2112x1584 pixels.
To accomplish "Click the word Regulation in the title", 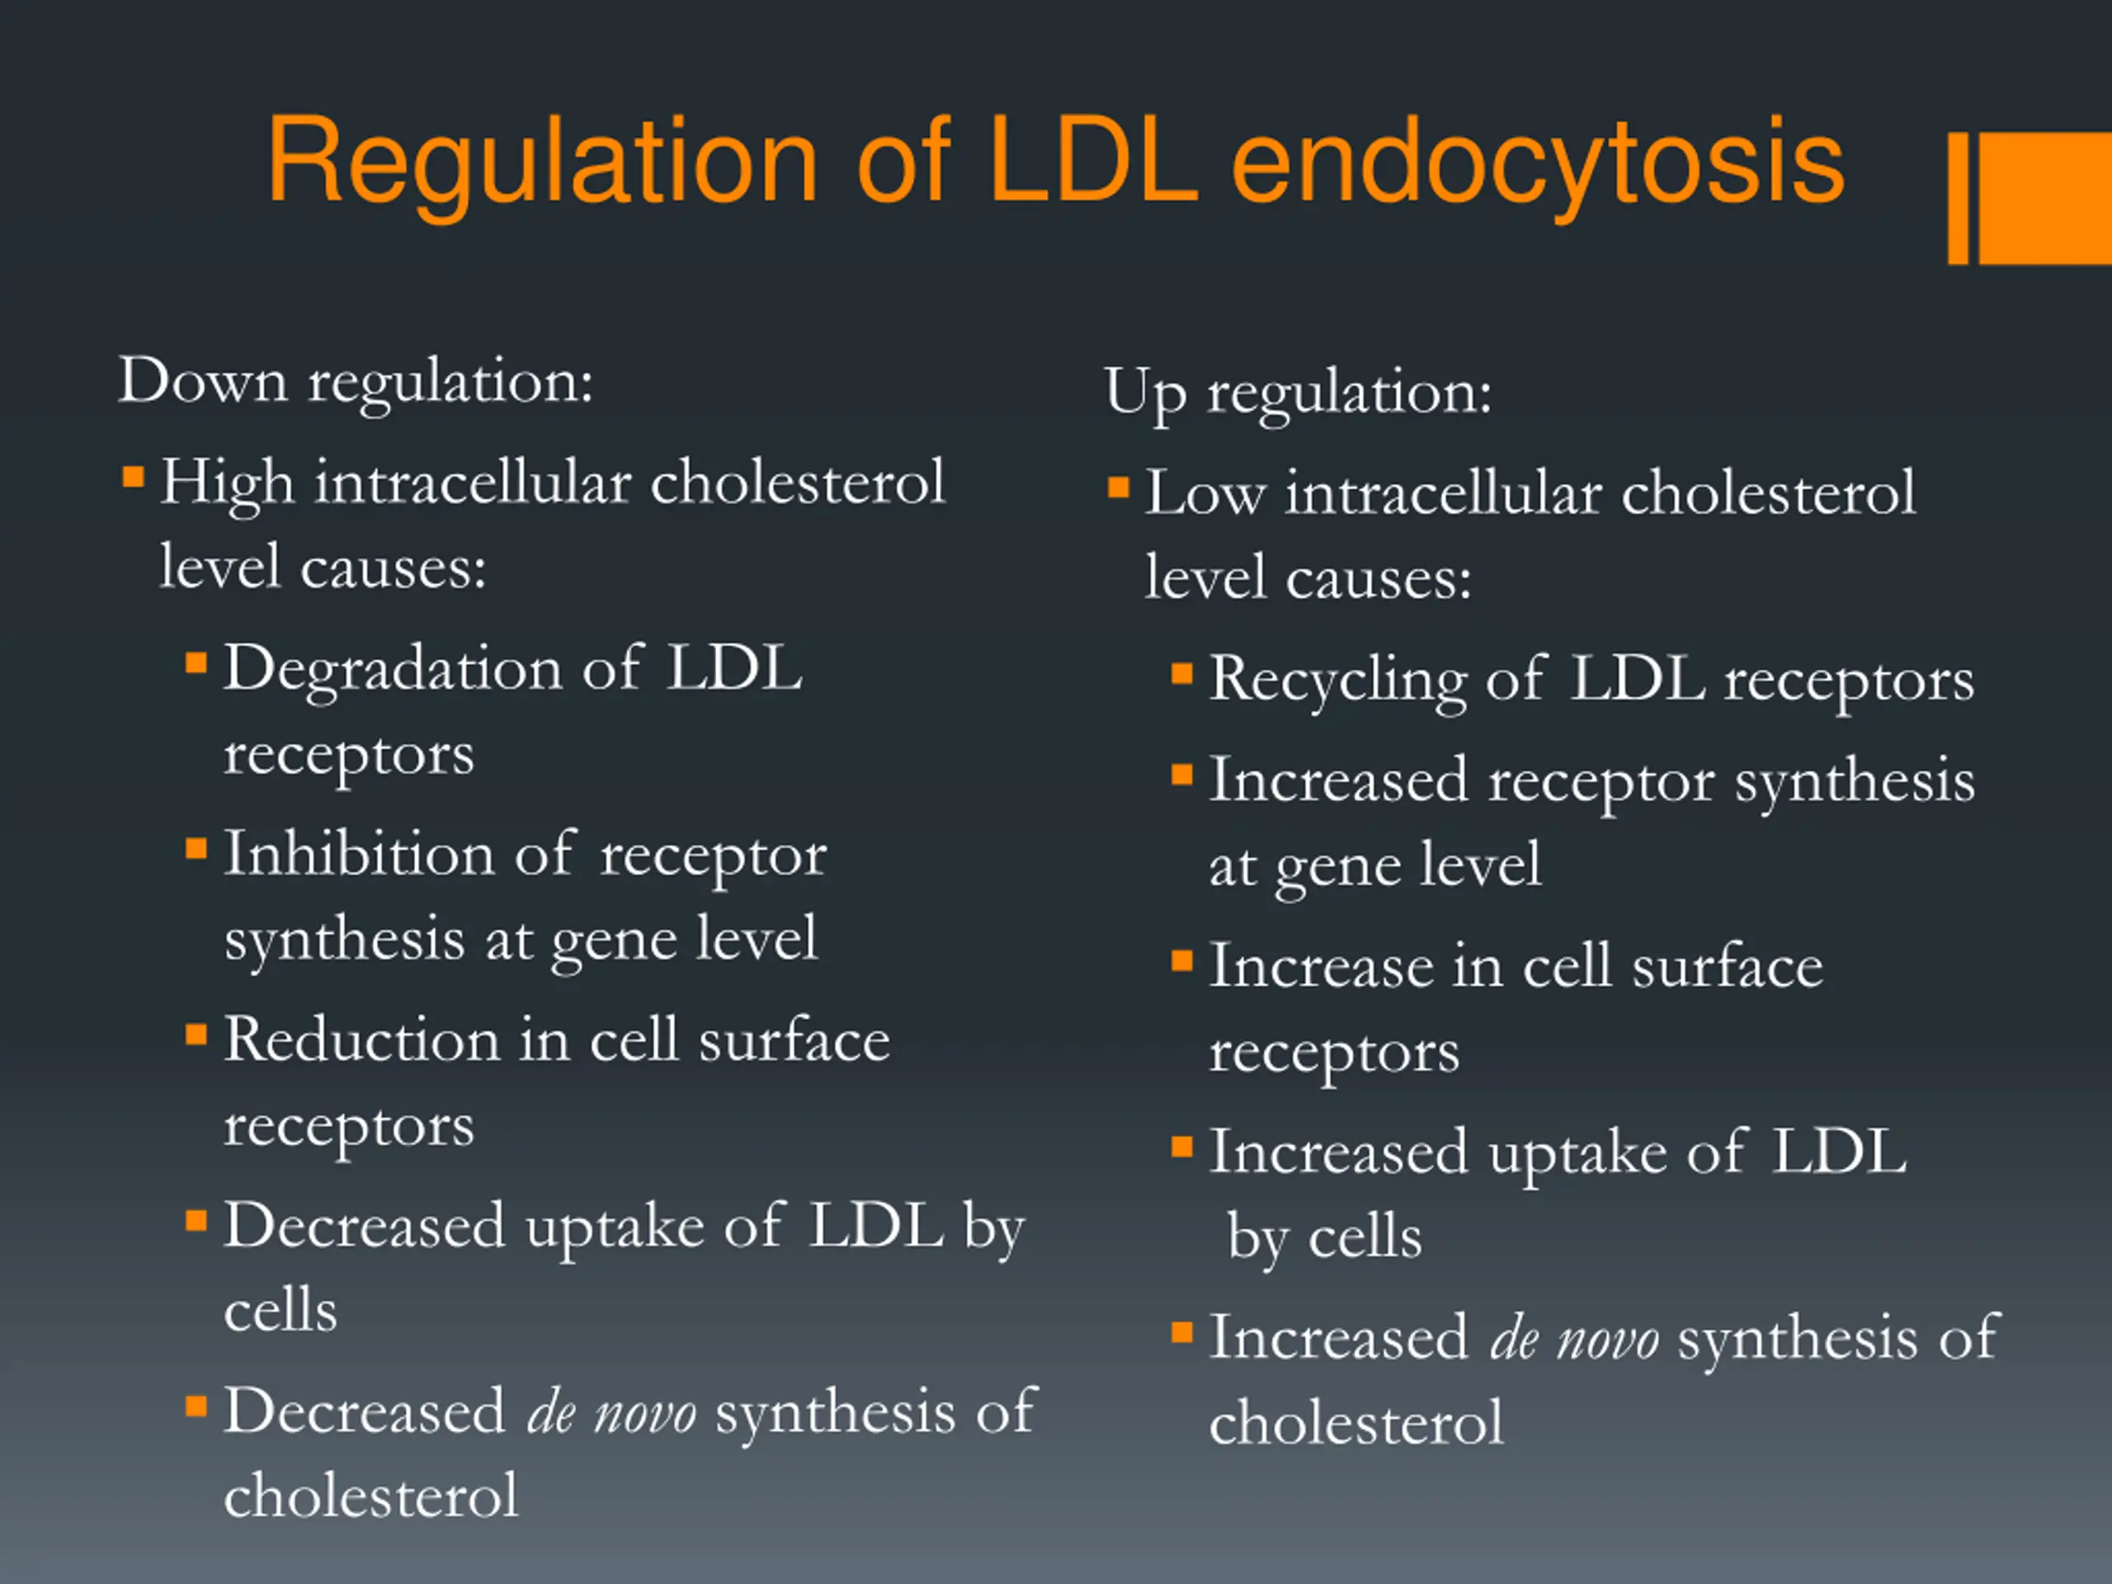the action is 541,163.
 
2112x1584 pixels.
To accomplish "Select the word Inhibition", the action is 359,855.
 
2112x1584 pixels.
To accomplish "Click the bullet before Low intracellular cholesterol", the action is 1118,488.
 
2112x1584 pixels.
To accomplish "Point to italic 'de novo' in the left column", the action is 611,1413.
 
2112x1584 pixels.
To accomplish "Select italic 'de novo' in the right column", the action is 1573,1339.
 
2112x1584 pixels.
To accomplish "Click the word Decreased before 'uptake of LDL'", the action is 364,1226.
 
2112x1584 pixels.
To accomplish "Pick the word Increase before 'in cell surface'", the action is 1321,966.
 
